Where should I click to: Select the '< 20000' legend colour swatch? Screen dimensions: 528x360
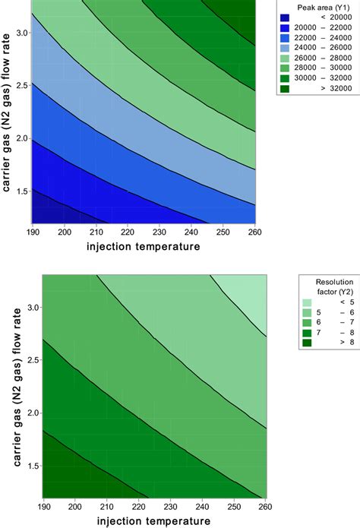coord(286,17)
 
